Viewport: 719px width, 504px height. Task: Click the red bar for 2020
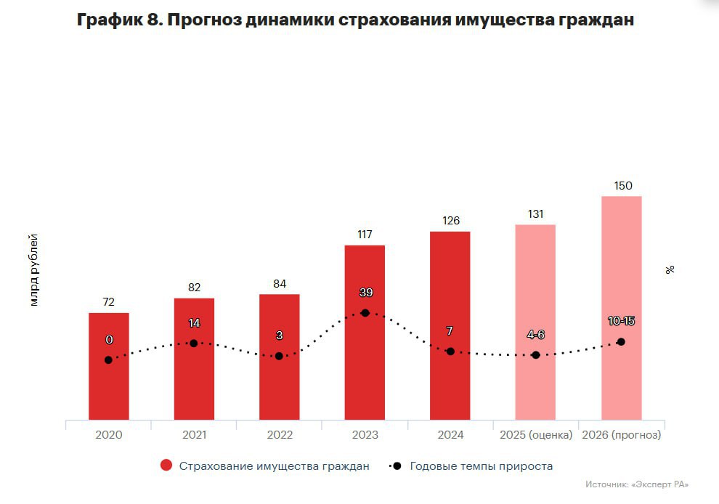coord(109,385)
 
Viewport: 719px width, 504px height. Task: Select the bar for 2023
coord(365,363)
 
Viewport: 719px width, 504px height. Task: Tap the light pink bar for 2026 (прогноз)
coord(621,276)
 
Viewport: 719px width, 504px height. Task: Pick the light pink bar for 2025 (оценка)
coord(535,290)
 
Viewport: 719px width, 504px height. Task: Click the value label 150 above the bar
coord(622,186)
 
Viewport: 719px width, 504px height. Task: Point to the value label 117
coord(365,235)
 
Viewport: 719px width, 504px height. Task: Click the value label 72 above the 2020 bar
coord(109,302)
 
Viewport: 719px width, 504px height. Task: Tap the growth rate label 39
coord(365,293)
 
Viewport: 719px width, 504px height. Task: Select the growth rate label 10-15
coord(621,321)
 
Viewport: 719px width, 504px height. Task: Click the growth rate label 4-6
coord(535,335)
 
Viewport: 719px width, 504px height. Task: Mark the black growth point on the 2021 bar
coord(194,343)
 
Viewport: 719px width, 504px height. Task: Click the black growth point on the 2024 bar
coord(450,351)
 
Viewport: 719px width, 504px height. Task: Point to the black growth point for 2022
coord(279,356)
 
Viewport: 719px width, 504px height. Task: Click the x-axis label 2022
coord(280,435)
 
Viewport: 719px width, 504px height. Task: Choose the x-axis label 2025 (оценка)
coord(536,435)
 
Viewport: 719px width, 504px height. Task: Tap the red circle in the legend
coord(166,466)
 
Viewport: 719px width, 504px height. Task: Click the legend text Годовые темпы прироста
coord(481,466)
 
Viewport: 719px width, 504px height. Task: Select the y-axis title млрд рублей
coord(33,270)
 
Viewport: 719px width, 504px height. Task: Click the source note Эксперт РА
coord(636,484)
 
